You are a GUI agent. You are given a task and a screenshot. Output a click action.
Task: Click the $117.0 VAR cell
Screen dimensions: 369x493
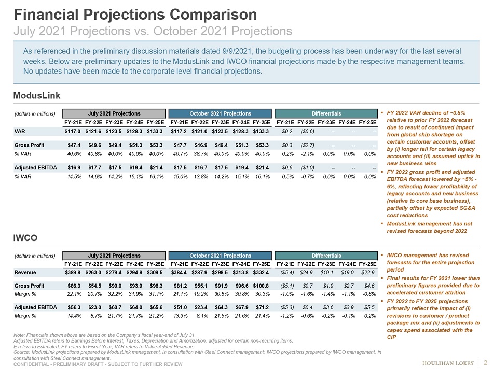pos(73,131)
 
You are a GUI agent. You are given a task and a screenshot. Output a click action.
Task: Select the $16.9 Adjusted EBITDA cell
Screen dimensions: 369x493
pos(73,168)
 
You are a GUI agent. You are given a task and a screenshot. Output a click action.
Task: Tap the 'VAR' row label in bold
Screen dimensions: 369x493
pos(19,131)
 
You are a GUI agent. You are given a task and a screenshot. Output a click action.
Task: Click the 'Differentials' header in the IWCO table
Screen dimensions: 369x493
pos(326,256)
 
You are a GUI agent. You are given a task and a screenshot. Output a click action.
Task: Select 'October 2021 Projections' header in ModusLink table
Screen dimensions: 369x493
pos(220,113)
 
